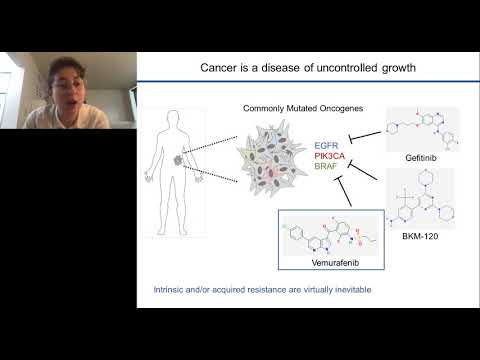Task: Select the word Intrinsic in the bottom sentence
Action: [x=158, y=289]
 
